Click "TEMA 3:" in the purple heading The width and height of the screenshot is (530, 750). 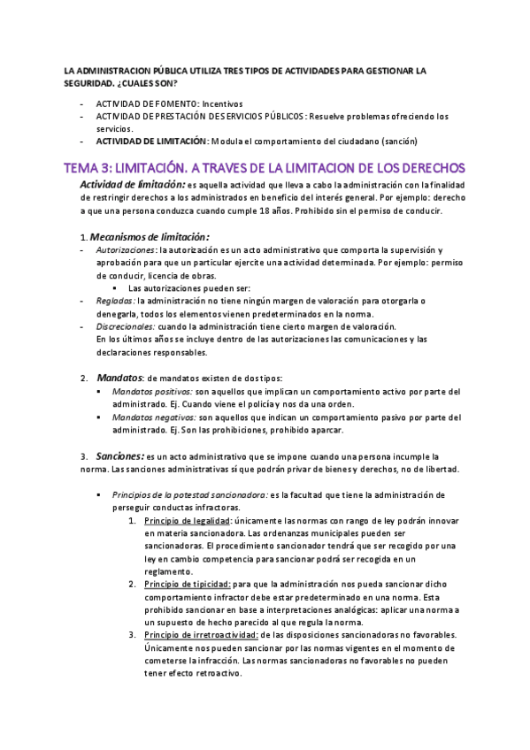pyautogui.click(x=92, y=168)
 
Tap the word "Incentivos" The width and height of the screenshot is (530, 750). pyautogui.click(x=218, y=103)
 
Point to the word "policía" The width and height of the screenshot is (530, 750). pyautogui.click(x=273, y=404)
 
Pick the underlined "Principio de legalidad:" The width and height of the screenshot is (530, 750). pyautogui.click(x=182, y=522)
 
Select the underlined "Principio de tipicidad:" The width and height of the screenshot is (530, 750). pyautogui.click(x=181, y=585)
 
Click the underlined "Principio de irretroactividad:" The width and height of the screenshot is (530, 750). pyautogui.click(x=200, y=635)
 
